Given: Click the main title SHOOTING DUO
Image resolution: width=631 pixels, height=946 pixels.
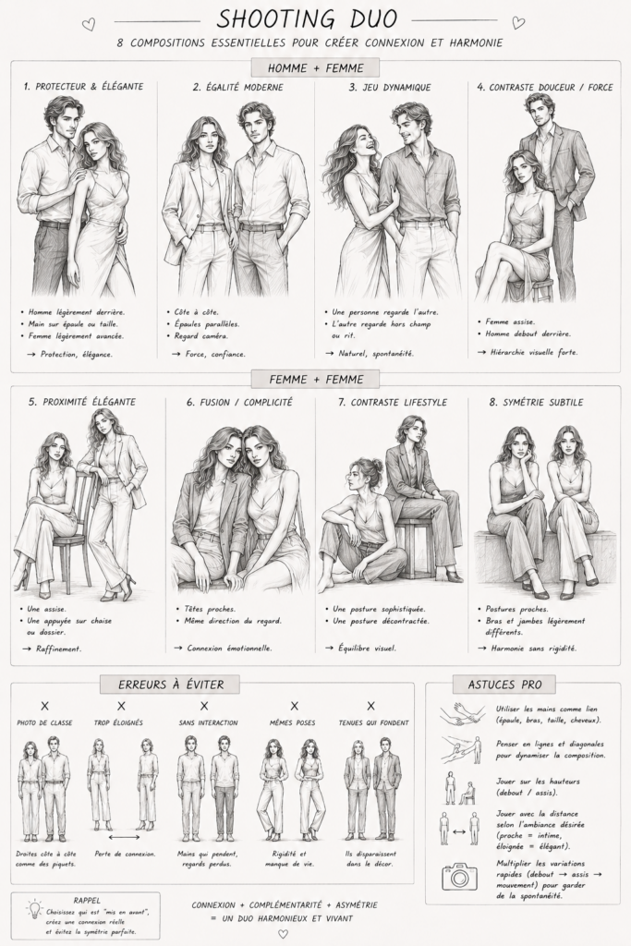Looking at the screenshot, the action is pyautogui.click(x=307, y=18).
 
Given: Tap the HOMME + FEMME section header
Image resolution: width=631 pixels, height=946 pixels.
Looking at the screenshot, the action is pyautogui.click(x=316, y=68).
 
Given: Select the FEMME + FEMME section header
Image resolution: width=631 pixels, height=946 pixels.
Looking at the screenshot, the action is pyautogui.click(x=316, y=380).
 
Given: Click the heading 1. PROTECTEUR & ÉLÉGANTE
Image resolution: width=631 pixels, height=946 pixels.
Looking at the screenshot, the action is pyautogui.click(x=83, y=87).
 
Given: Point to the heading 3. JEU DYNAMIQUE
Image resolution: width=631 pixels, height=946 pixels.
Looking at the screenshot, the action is pyautogui.click(x=390, y=87).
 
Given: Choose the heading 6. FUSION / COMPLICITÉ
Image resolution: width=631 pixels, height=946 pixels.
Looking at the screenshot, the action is pyautogui.click(x=239, y=402).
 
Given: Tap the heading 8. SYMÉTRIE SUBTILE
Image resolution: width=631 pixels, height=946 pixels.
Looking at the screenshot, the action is pyautogui.click(x=536, y=402).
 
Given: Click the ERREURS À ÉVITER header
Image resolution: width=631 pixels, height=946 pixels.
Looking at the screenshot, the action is pyautogui.click(x=171, y=685).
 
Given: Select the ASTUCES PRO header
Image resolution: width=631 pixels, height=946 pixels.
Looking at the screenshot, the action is pyautogui.click(x=504, y=685).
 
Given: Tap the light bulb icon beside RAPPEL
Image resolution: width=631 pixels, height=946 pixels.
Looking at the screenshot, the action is pyautogui.click(x=34, y=909).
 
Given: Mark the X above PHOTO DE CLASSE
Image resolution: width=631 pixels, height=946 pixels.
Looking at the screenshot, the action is pyautogui.click(x=44, y=705).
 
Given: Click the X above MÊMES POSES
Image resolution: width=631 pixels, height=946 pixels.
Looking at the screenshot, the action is pyautogui.click(x=294, y=705).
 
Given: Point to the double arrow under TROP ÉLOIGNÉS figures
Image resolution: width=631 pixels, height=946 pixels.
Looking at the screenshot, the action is pyautogui.click(x=124, y=837).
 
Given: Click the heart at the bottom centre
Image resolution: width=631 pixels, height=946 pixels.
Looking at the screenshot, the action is pyautogui.click(x=283, y=934).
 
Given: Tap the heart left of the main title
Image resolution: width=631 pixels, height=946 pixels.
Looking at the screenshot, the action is pyautogui.click(x=89, y=24).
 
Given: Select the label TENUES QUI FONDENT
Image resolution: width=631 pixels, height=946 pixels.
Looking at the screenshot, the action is pyautogui.click(x=373, y=722).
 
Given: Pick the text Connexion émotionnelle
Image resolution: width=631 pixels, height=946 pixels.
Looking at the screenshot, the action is pyautogui.click(x=229, y=649).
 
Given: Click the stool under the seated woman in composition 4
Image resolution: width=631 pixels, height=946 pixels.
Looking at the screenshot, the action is pyautogui.click(x=541, y=288).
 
